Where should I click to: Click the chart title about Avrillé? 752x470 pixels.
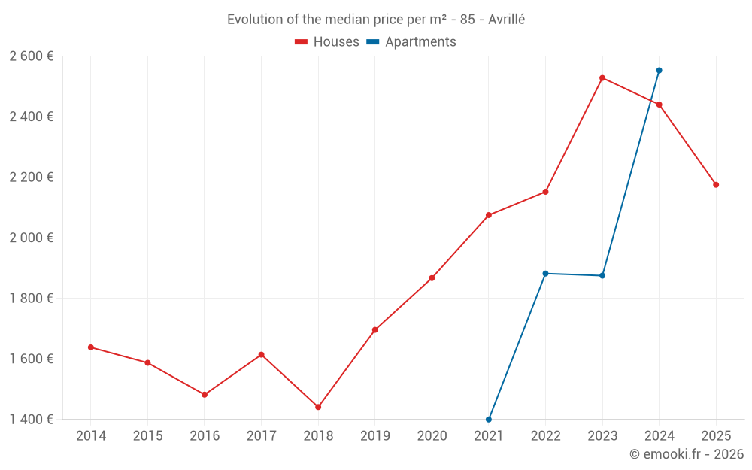376,19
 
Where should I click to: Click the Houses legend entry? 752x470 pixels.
327,42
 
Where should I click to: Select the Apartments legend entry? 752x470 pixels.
411,42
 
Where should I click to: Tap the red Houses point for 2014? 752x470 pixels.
91,347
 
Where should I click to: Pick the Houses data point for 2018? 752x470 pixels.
318,407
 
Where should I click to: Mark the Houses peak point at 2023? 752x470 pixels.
602,78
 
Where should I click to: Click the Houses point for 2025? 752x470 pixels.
716,185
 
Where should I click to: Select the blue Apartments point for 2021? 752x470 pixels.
489,419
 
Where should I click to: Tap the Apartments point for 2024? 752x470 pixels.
660,71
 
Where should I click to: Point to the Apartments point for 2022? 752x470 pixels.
545,274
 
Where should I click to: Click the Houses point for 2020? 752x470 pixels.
432,278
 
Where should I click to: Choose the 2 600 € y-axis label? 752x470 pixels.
31,56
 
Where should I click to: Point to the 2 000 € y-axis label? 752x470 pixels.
31,238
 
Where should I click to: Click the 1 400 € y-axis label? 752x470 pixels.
31,419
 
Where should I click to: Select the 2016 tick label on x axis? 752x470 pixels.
205,436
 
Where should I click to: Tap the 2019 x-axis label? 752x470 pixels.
375,436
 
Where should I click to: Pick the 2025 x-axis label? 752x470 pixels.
716,436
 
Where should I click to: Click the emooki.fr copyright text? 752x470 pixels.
687,454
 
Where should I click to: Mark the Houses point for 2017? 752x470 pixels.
262,355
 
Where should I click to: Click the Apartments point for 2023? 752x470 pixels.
602,276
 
